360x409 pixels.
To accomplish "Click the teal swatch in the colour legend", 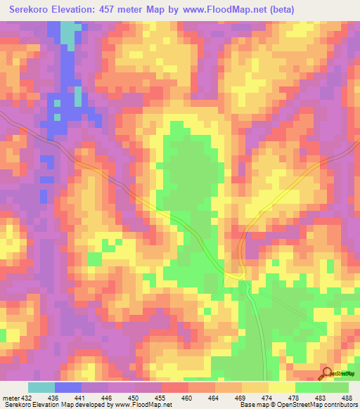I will point(41,387).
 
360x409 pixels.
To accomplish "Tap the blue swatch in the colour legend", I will point(68,387).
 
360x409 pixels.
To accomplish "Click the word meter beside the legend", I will point(11,398).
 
